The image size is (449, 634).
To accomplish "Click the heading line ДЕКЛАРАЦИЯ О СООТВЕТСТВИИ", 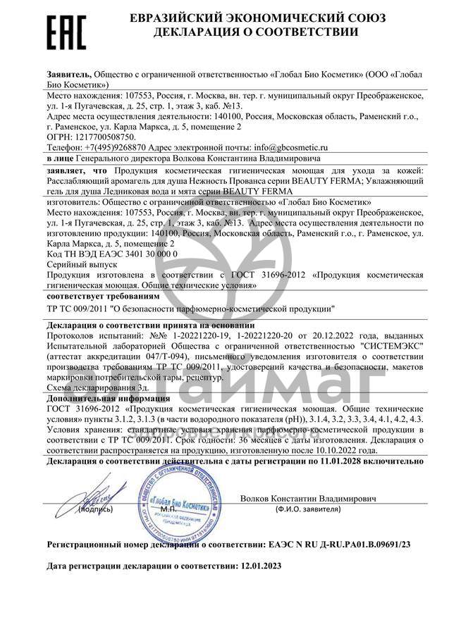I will coord(254,32).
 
